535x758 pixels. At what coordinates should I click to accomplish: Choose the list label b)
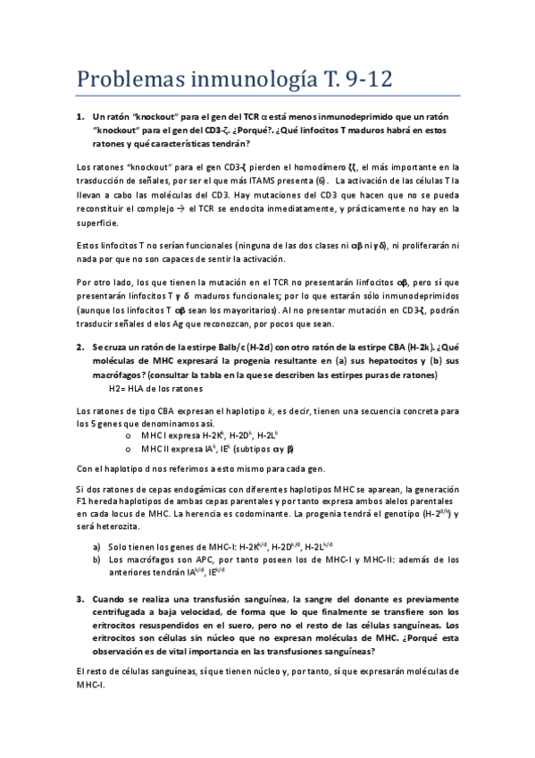coord(96,559)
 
